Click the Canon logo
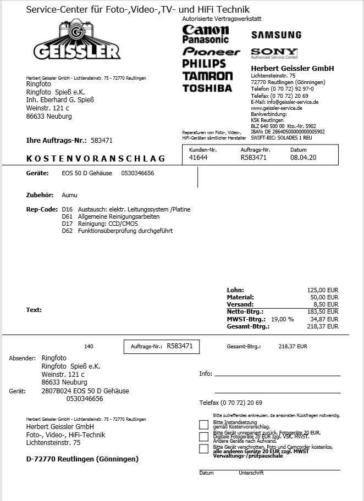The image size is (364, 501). [205, 30]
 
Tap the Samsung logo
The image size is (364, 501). [276, 35]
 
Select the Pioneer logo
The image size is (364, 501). [211, 52]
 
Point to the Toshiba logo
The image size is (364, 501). [207, 88]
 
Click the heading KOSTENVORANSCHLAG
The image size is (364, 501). [96, 159]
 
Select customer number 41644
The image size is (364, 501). [198, 158]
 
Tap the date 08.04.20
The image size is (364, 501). [303, 158]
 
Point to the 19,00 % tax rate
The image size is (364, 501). [283, 319]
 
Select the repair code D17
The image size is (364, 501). [67, 224]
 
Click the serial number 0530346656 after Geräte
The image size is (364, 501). [137, 173]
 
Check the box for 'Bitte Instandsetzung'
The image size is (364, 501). [203, 424]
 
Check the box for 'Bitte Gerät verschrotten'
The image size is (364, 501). [203, 449]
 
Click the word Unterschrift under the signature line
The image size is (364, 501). [251, 473]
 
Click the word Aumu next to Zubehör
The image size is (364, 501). [69, 195]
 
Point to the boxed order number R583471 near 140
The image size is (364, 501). [179, 346]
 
